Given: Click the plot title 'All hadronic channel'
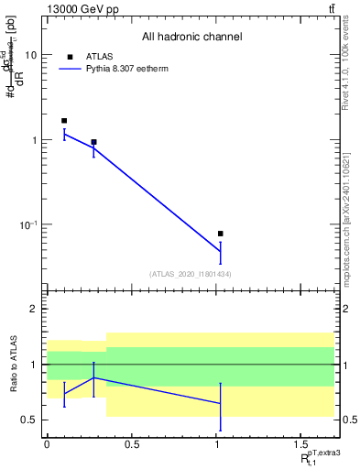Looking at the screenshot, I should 191,38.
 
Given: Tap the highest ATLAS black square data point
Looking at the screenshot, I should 64,121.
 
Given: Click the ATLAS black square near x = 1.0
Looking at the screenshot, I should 220,234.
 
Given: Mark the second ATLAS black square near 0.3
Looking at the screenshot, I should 93,142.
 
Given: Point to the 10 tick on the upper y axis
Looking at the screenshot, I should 31,55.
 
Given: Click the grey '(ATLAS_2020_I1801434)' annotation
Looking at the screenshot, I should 191,274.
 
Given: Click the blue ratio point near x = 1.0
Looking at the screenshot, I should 220,403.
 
